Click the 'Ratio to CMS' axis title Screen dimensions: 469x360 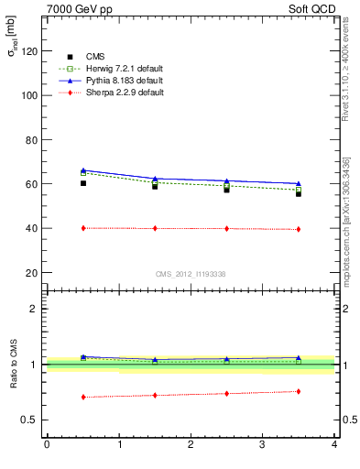point(12,365)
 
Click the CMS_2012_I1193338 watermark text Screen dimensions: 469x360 point(191,273)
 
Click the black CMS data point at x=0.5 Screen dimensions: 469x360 point(83,183)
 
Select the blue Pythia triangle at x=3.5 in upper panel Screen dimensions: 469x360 point(299,183)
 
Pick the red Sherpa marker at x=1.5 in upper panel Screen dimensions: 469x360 point(155,228)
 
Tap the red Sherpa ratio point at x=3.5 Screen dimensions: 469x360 point(299,391)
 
